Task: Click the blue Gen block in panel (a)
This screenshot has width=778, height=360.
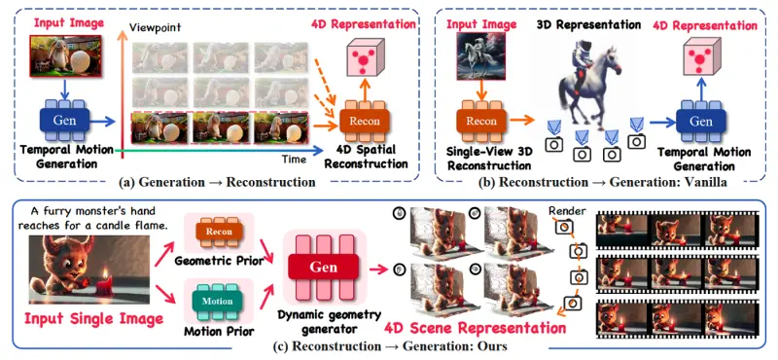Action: pos(64,122)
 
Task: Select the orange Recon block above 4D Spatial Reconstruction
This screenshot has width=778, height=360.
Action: pos(365,122)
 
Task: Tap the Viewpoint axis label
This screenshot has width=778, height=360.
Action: pos(147,26)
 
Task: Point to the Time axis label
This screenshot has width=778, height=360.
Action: pos(294,159)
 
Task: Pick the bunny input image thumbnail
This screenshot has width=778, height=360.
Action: pos(65,55)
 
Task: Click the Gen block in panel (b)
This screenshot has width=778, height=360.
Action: pos(701,122)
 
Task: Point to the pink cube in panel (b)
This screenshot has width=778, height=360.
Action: pos(700,57)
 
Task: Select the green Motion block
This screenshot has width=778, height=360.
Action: pos(217,301)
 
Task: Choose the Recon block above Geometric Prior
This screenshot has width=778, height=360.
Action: pos(219,232)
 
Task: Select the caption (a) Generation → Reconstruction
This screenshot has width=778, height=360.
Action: pos(217,182)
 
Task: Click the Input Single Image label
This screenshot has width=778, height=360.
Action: pos(94,318)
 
